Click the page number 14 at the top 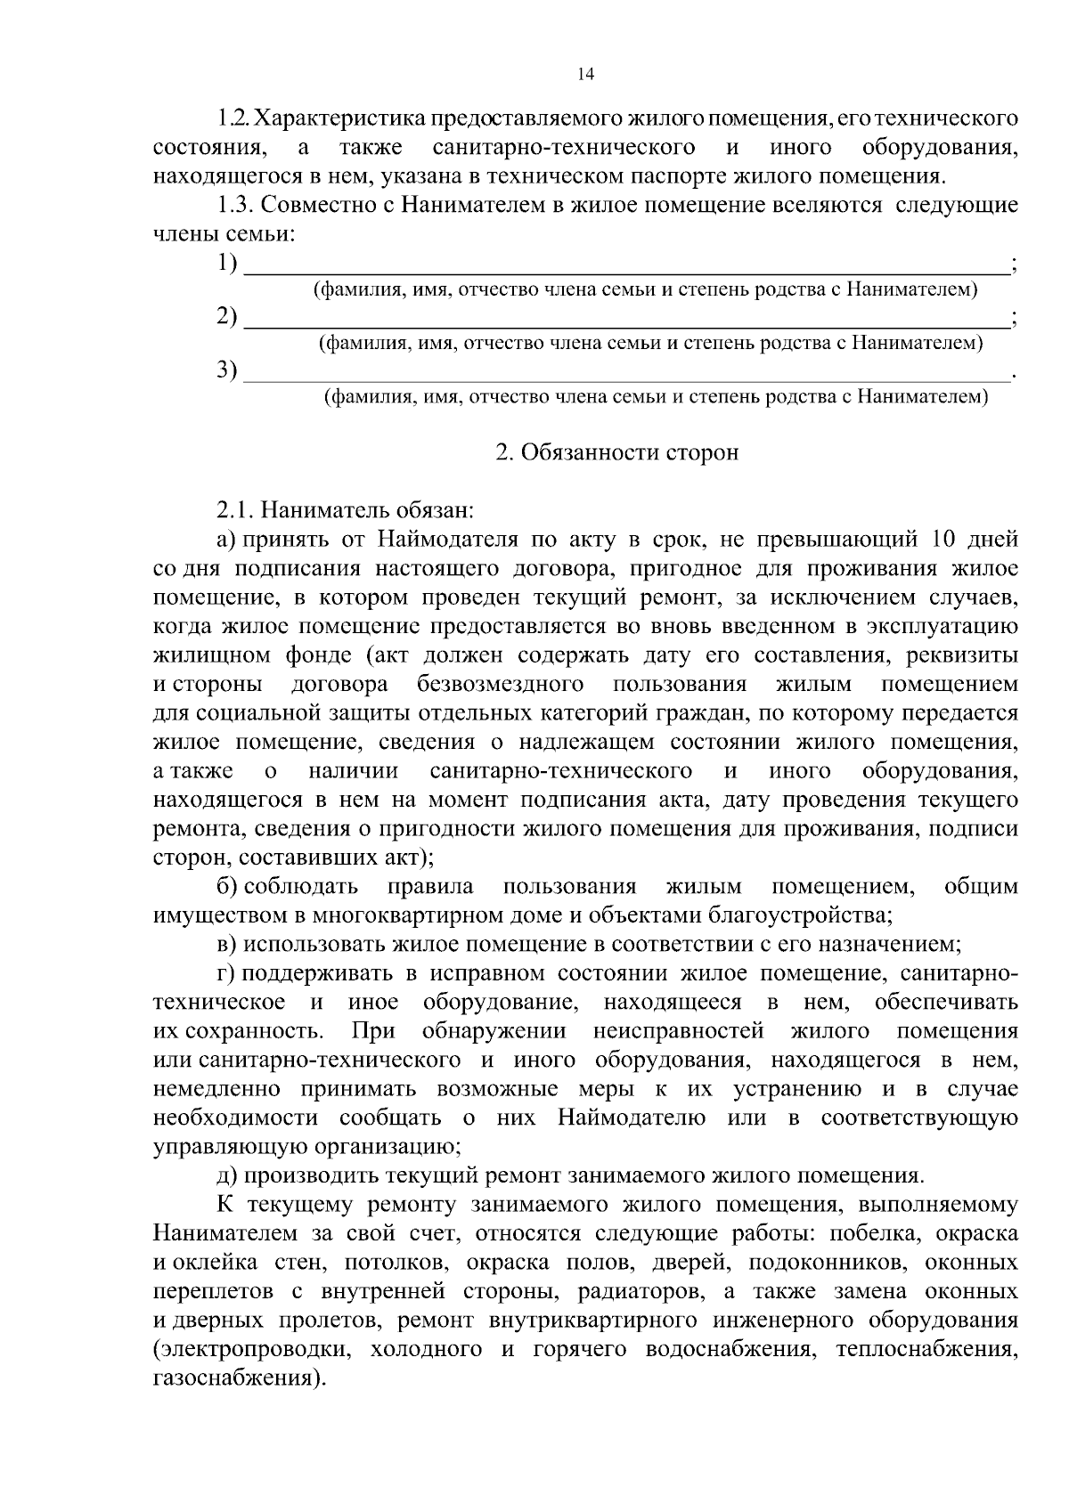tap(585, 75)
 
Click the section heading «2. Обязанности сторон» tap(616, 452)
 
